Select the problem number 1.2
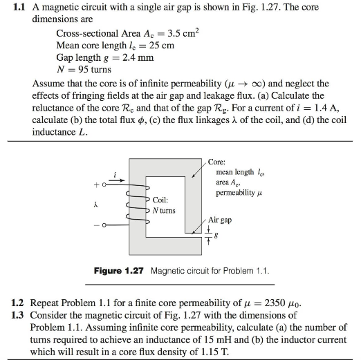pyautogui.click(x=19, y=303)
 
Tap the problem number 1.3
pyautogui.click(x=19, y=315)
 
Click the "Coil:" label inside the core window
pyautogui.click(x=162, y=200)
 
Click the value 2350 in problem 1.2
pyautogui.click(x=281, y=303)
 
